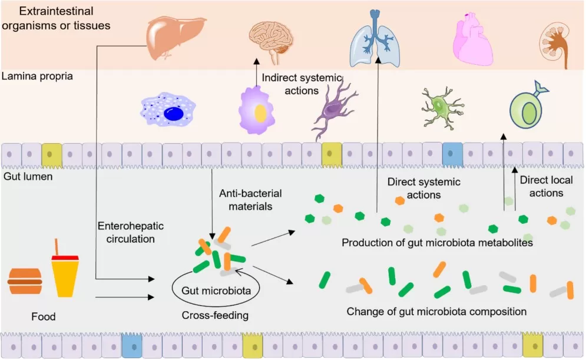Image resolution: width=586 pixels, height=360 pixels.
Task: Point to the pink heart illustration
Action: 472,38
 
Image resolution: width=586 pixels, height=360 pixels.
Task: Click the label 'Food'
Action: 43,317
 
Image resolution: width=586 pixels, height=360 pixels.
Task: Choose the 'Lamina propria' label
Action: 37,76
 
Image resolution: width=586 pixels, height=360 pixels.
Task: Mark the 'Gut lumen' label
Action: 29,176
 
